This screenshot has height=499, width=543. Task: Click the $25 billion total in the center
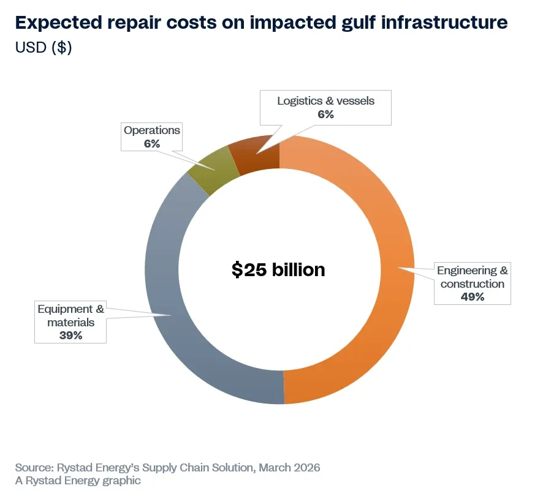coord(278,269)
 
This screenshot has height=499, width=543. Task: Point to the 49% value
coord(473,297)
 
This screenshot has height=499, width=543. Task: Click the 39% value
coord(70,335)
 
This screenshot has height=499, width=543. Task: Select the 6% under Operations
coord(152,144)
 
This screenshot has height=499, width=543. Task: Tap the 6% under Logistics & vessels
coord(325,114)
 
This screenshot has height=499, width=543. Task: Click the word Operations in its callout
coord(152,130)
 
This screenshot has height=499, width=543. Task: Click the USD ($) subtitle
coord(44,47)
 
